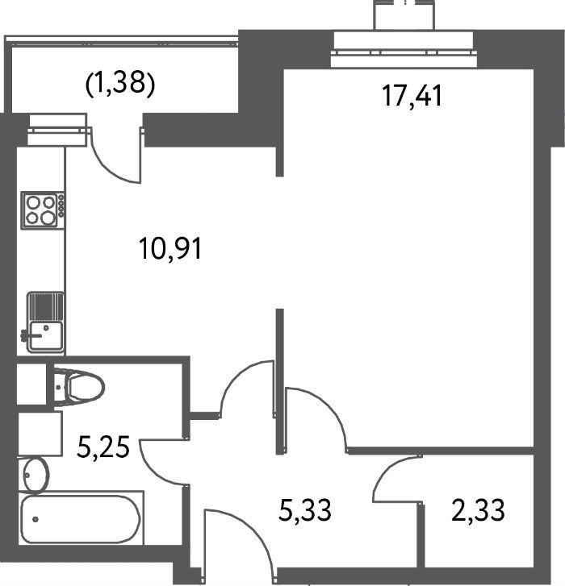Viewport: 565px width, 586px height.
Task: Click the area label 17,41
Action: click(412, 96)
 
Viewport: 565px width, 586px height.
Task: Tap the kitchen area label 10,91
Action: click(170, 248)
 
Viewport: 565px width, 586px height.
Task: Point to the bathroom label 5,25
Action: click(103, 447)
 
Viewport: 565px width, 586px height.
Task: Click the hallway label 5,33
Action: click(305, 510)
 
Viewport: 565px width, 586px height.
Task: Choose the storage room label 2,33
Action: click(478, 510)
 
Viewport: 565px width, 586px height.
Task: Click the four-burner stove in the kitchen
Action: click(42, 210)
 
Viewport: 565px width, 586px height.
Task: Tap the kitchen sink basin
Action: click(46, 335)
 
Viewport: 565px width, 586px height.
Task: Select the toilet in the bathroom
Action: click(77, 387)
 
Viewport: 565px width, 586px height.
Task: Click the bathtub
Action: click(81, 519)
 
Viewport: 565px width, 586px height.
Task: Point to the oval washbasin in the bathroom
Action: click(36, 475)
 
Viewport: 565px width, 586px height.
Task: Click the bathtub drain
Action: click(36, 519)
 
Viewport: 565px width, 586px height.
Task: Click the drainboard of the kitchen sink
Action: click(46, 306)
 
